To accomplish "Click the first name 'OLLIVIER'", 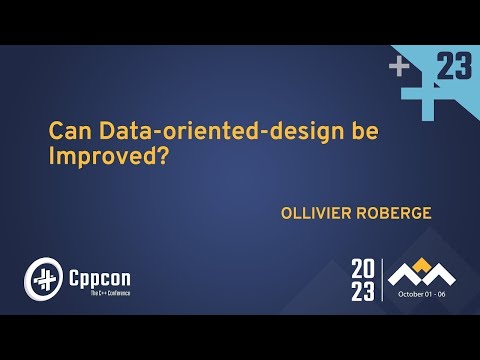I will (x=317, y=213).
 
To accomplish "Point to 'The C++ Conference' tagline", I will (x=96, y=291).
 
